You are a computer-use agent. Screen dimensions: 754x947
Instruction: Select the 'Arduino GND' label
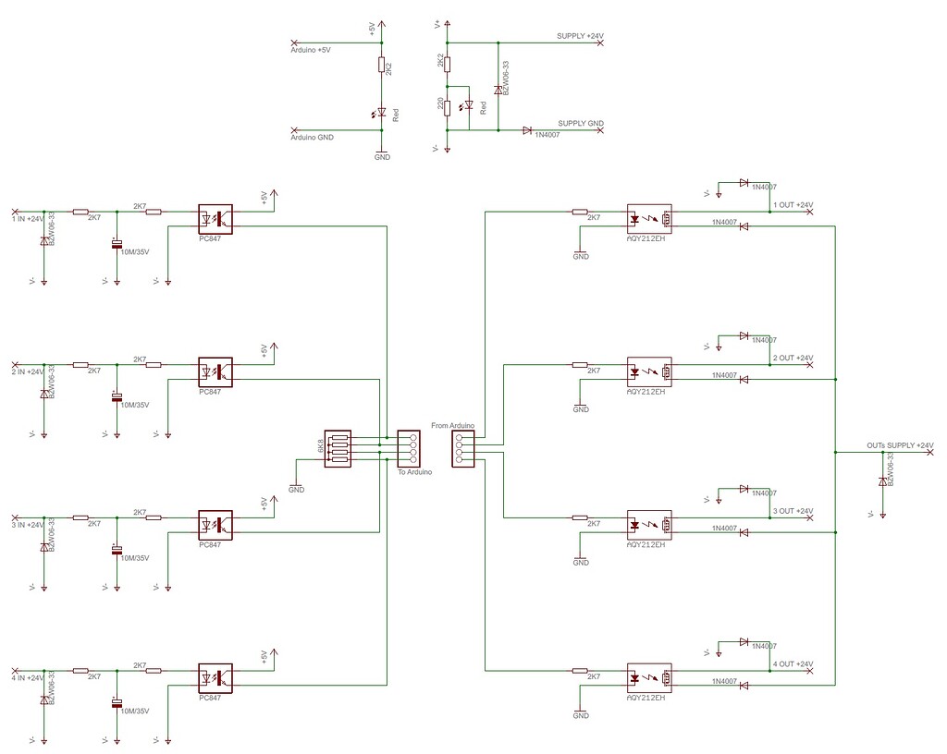[x=312, y=137]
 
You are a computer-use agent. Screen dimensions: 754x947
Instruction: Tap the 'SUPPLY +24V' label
[x=580, y=36]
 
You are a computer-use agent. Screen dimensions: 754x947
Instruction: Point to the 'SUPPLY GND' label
[x=581, y=123]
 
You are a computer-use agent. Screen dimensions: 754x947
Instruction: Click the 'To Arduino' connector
[x=408, y=450]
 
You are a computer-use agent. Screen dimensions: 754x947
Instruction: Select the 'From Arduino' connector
[x=462, y=450]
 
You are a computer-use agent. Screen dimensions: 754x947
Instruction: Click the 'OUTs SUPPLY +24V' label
[x=900, y=446]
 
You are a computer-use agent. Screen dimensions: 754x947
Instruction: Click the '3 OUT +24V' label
[x=793, y=511]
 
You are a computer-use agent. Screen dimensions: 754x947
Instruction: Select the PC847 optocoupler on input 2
[x=215, y=371]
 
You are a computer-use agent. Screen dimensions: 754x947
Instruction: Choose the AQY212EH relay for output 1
[x=649, y=218]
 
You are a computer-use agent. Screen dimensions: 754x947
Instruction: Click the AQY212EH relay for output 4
[x=649, y=677]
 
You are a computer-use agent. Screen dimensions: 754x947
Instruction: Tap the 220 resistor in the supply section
[x=447, y=107]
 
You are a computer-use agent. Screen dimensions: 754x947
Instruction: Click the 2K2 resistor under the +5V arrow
[x=381, y=65]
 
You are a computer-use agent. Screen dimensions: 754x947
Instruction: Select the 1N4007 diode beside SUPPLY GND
[x=527, y=130]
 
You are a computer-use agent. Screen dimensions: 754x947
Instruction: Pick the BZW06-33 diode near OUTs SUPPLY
[x=883, y=480]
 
